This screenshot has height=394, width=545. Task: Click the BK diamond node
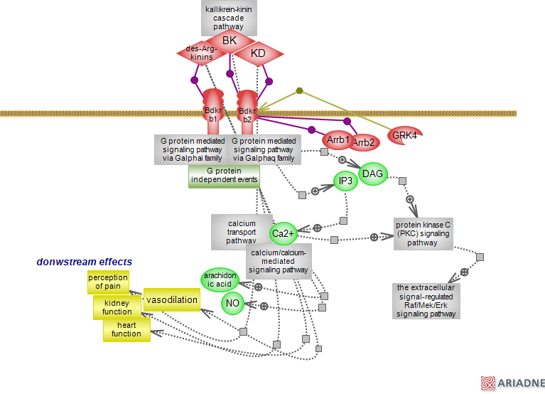(230, 41)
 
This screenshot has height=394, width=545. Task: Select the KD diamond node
(258, 53)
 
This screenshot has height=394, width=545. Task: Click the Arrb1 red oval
(338, 139)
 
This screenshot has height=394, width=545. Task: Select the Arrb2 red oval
(363, 143)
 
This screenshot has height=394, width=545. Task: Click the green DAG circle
(373, 174)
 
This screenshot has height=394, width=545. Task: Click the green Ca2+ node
(283, 233)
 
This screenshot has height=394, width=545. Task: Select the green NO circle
(232, 304)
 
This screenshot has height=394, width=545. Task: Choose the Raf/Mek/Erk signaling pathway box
(426, 300)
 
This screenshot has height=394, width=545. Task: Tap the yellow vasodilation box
(171, 300)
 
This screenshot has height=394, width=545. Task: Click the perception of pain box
(109, 282)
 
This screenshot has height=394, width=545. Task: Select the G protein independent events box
(224, 176)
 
